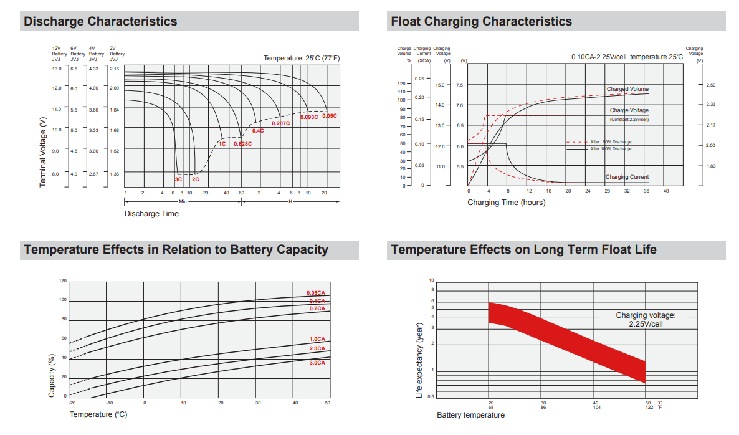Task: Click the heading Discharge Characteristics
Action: click(x=100, y=21)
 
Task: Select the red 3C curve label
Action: click(x=178, y=179)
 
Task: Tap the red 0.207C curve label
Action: click(x=281, y=123)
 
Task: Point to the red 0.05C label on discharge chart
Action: click(x=329, y=117)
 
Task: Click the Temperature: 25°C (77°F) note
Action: click(x=302, y=58)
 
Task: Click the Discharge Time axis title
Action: click(x=151, y=214)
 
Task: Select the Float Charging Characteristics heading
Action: click(x=481, y=21)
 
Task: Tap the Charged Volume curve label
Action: click(x=627, y=89)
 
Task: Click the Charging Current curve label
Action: click(x=627, y=177)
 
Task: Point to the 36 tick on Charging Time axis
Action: click(x=646, y=191)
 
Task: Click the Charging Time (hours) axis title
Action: click(x=506, y=203)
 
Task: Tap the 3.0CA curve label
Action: click(x=317, y=362)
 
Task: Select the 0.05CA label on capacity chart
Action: click(x=316, y=293)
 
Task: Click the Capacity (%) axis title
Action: click(x=52, y=375)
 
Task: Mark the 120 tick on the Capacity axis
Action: click(x=62, y=281)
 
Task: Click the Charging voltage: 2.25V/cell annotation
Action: click(x=646, y=320)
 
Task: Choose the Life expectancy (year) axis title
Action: click(x=419, y=361)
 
